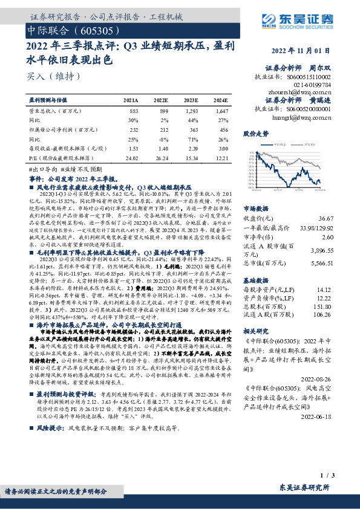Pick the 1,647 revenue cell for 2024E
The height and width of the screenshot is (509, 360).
coord(221,111)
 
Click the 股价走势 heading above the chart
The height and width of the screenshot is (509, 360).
coord(256,132)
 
